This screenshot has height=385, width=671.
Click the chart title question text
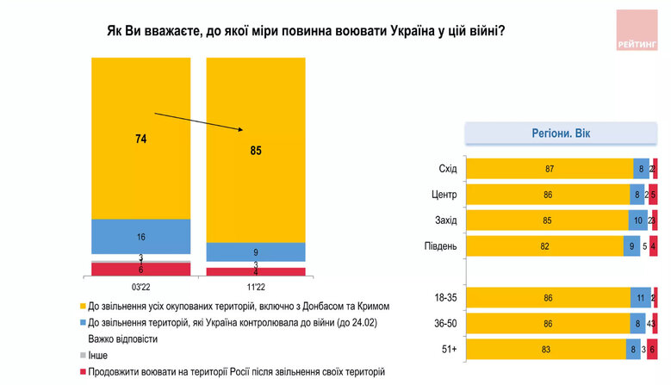click(306, 30)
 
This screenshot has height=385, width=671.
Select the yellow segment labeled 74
click(140, 138)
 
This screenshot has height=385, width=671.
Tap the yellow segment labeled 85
click(255, 150)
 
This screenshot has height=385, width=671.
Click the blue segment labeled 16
click(140, 235)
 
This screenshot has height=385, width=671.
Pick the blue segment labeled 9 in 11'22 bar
click(255, 252)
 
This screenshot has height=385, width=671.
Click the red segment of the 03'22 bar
click(140, 270)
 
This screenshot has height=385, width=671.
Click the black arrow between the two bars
click(198, 122)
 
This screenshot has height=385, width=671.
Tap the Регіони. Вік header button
click(562, 134)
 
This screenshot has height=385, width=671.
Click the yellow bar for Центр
click(547, 195)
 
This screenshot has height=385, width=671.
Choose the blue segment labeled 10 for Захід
click(637, 220)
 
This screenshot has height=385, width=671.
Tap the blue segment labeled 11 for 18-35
click(641, 298)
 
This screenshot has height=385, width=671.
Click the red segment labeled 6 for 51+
click(653, 349)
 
